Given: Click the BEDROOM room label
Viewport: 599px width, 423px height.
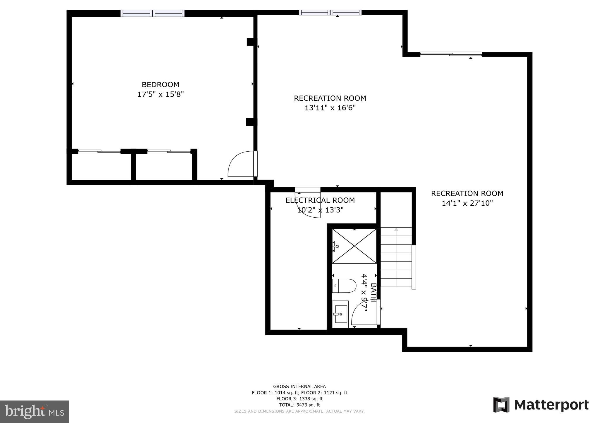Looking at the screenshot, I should [160, 85].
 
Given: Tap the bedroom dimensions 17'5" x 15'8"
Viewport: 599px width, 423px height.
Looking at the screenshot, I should [160, 94].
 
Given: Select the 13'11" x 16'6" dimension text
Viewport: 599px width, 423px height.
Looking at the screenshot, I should [330, 108].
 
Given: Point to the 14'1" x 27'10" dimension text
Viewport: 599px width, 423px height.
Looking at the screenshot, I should [467, 203].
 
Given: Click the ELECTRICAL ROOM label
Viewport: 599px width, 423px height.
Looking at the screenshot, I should [320, 200].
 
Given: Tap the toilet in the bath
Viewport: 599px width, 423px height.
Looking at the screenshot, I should [345, 285].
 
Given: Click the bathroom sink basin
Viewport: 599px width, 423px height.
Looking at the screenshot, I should [341, 314].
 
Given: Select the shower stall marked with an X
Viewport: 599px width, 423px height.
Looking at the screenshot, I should [354, 246].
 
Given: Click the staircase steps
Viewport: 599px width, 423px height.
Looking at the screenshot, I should [396, 257].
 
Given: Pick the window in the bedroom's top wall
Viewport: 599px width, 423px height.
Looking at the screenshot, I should [152, 13].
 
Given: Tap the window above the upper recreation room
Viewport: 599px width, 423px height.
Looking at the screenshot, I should [330, 13].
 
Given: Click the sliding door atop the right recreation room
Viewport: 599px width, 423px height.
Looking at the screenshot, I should [451, 54].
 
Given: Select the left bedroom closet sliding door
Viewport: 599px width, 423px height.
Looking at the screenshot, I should [99, 151].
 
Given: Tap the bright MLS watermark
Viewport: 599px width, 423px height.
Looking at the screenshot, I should [35, 412].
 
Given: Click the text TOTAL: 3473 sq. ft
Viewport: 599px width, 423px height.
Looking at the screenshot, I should [299, 405].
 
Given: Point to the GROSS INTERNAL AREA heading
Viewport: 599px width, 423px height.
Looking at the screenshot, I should [299, 386].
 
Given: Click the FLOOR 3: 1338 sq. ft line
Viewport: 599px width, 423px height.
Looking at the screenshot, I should [299, 399].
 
